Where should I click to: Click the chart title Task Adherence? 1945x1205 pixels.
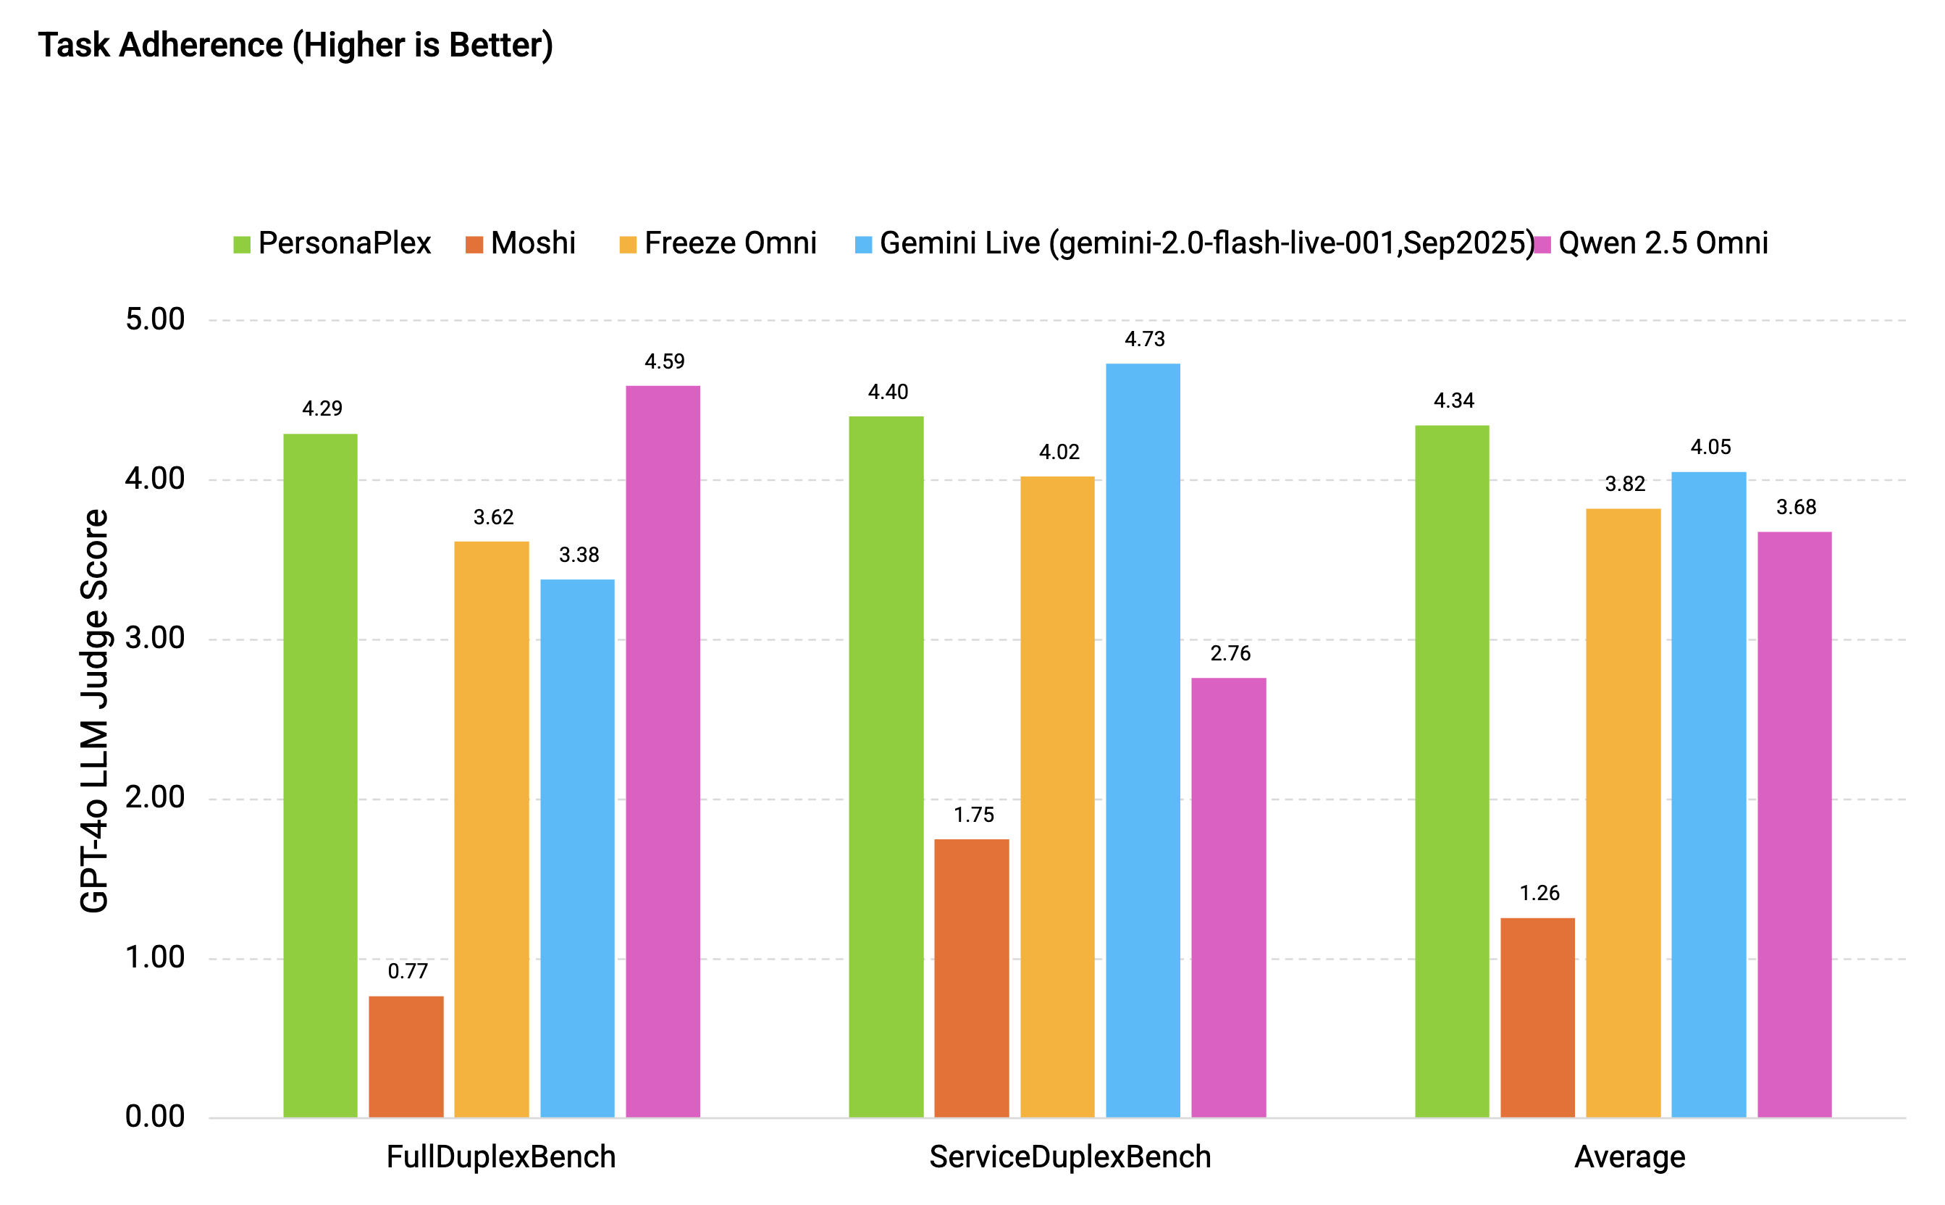pyautogui.click(x=295, y=46)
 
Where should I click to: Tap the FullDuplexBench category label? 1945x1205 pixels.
pyautogui.click(x=500, y=1157)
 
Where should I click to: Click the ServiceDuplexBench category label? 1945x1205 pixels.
pyautogui.click(x=1070, y=1157)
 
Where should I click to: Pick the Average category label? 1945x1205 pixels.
pyautogui.click(x=1629, y=1157)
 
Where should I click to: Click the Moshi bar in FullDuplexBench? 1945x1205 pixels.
pyautogui.click(x=406, y=1057)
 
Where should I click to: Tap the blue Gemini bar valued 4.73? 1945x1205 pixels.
pyautogui.click(x=1142, y=741)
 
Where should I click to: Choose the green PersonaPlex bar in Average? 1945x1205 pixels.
pyautogui.click(x=1451, y=771)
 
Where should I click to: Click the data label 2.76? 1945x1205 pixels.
pyautogui.click(x=1230, y=653)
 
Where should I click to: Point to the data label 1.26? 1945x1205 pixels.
pyautogui.click(x=1539, y=893)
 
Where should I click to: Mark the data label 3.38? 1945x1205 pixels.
pyautogui.click(x=579, y=555)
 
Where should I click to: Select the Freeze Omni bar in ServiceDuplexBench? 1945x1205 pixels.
pyautogui.click(x=1056, y=797)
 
